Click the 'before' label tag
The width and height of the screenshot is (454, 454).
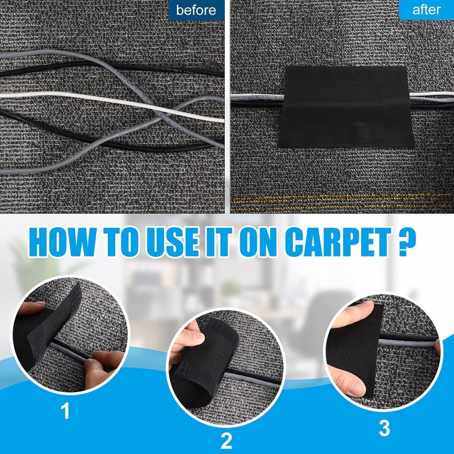pos(196,10)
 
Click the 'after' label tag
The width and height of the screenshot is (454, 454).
pos(426,10)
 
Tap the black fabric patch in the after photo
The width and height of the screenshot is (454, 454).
pos(344,107)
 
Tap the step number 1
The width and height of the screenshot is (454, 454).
pos(66,411)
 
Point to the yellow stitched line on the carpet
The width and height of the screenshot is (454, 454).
pos(340,200)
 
